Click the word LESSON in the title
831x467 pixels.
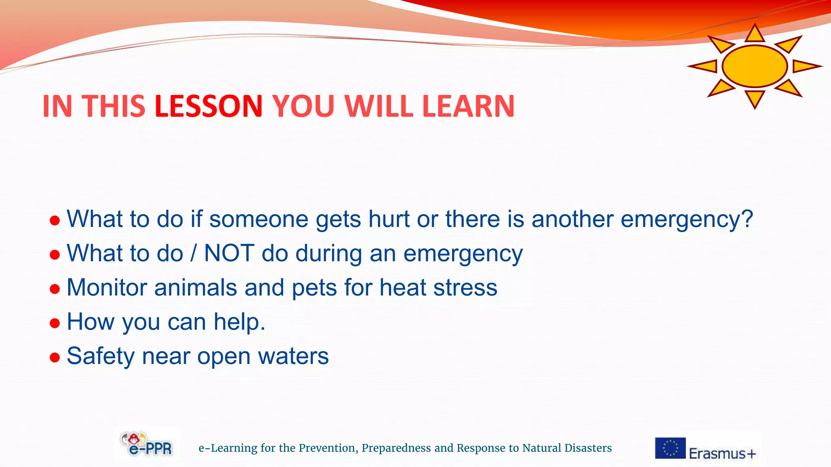tap(209, 106)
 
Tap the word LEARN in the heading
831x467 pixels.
tap(468, 106)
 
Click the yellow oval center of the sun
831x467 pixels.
tap(755, 66)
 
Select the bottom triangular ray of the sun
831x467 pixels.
tap(755, 99)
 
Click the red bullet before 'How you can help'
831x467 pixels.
tap(55, 323)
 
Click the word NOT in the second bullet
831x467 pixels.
tap(229, 253)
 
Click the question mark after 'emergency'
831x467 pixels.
tap(746, 219)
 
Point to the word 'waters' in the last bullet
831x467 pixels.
tap(293, 356)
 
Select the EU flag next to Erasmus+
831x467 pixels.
tap(670, 448)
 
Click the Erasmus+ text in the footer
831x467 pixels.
tap(722, 453)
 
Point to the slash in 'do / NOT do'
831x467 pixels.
tap(194, 253)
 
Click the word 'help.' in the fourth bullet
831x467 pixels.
tap(239, 322)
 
